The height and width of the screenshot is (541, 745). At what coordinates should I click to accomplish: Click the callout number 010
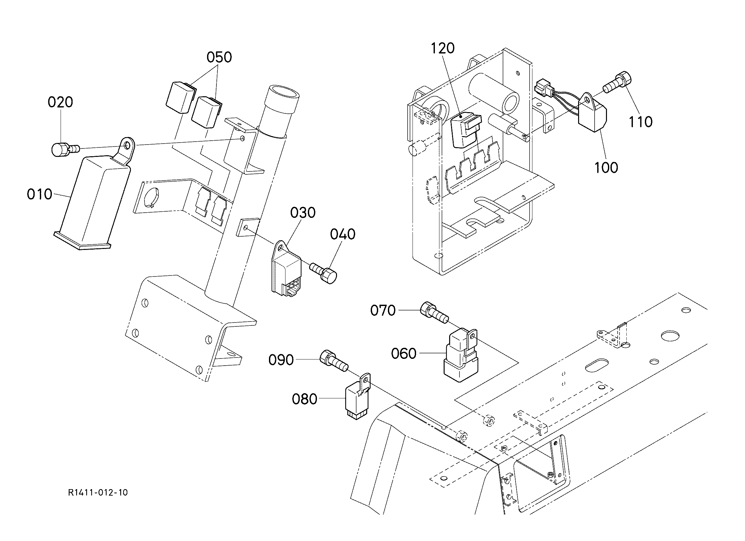pyautogui.click(x=40, y=194)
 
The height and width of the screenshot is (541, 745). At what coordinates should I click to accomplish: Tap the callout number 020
pyautogui.click(x=60, y=102)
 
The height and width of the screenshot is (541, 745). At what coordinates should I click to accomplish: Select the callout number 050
pyautogui.click(x=219, y=57)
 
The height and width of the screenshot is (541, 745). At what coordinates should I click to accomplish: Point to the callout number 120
pyautogui.click(x=442, y=48)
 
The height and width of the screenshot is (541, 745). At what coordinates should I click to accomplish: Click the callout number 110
pyautogui.click(x=641, y=122)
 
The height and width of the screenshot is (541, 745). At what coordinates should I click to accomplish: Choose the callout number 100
pyautogui.click(x=606, y=168)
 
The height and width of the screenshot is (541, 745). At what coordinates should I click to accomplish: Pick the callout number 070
pyautogui.click(x=383, y=310)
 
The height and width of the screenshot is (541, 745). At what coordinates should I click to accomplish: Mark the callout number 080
pyautogui.click(x=305, y=399)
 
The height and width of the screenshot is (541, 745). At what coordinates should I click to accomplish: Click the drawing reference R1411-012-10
pyautogui.click(x=98, y=492)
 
